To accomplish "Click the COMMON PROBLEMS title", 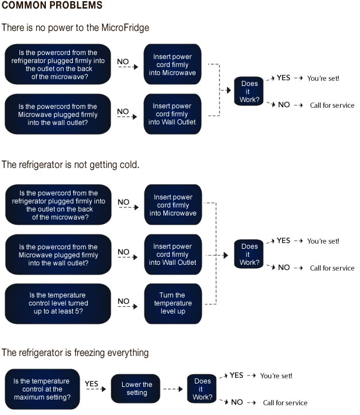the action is (52, 5).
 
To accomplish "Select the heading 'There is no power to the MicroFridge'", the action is (75, 28).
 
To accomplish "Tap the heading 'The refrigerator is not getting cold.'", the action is (71, 165).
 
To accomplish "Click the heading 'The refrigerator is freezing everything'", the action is (75, 353).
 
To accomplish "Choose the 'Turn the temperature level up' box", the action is (173, 304).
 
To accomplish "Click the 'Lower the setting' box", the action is (135, 389).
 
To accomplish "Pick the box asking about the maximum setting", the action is (42, 389).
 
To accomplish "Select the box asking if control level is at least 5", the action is (58, 304).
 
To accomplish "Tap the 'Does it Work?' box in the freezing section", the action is (202, 389).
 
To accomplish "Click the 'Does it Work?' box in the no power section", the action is (249, 91).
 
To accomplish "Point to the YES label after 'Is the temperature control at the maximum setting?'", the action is (91, 383).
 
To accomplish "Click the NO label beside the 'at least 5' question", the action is (123, 301).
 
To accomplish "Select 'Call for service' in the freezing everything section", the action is (285, 402).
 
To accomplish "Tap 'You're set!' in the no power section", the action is (323, 79).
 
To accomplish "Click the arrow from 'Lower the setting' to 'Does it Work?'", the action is (173, 389).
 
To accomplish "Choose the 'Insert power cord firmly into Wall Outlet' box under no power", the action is (173, 114).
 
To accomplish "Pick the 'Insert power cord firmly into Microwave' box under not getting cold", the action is (173, 205).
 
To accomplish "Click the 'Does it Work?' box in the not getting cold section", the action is (249, 254).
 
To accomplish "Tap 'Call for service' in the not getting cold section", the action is (332, 268).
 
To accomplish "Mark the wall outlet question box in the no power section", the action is (58, 114).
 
